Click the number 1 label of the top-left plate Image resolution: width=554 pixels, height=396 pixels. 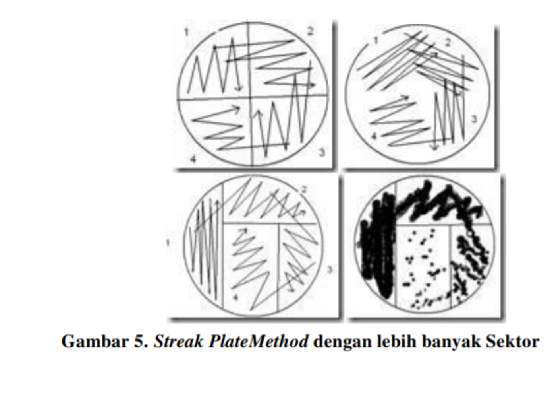coord(187,33)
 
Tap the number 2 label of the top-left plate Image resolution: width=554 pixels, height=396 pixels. coord(311,31)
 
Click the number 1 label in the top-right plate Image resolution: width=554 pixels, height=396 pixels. coord(376,40)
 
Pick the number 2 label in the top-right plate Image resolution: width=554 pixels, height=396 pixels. coord(448,43)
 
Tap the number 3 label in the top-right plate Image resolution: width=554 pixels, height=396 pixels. coord(474,119)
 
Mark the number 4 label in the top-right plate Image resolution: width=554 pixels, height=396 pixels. coord(374,136)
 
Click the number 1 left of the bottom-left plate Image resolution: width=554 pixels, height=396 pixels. coord(168,243)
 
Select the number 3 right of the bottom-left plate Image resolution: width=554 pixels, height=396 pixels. coord(330,270)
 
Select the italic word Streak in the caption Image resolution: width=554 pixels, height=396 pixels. coord(178,341)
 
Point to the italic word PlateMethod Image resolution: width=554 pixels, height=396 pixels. coord(259,341)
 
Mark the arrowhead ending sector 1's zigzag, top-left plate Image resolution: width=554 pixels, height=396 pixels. coord(238,88)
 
